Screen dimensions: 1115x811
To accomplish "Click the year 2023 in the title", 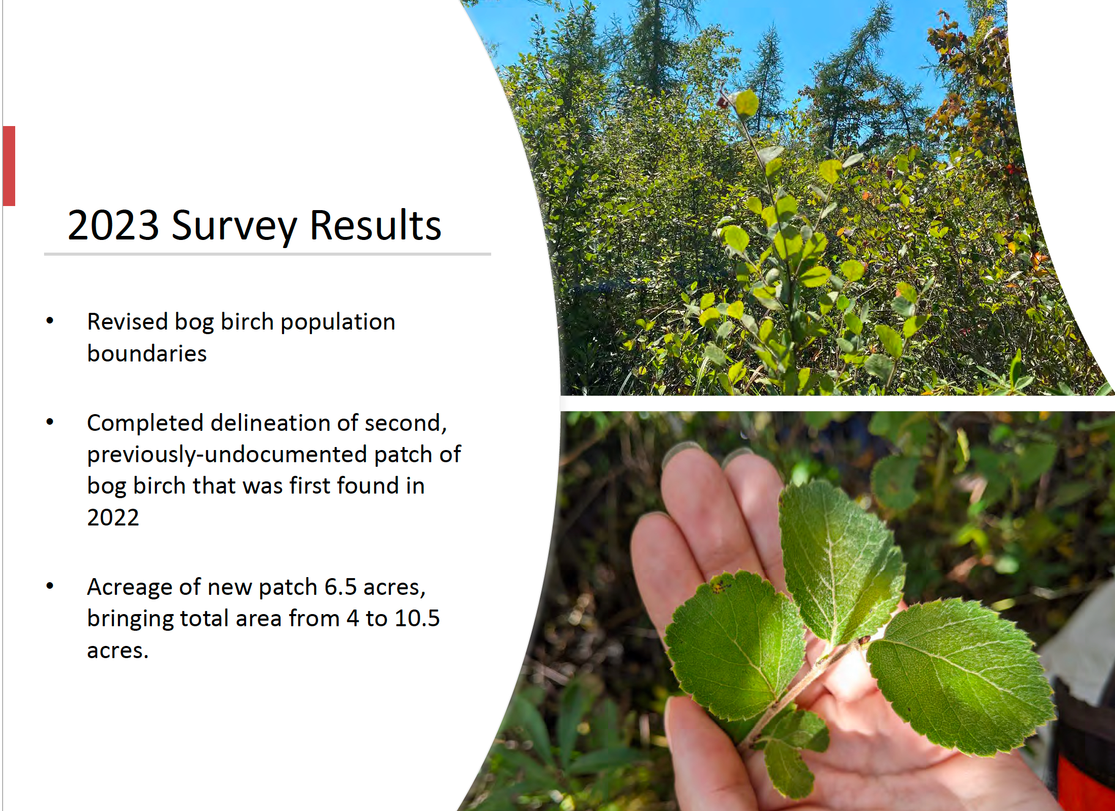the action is pos(113,225).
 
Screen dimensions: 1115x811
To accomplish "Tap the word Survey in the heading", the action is pos(234,227).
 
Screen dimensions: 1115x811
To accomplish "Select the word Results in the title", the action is pos(375,225).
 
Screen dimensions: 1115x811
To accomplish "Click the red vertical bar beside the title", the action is pos(9,166).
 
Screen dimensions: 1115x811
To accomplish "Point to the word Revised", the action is pos(127,321).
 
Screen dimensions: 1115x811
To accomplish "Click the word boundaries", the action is pos(147,353).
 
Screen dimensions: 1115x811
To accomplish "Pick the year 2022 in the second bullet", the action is pos(113,517).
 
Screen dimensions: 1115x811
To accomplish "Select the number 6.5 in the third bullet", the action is pos(340,587).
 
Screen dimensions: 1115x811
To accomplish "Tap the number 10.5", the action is pos(417,619).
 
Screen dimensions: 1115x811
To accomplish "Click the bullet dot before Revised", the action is pos(50,320).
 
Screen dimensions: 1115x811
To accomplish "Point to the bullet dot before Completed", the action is pos(50,422).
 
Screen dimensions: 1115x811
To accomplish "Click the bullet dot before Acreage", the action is pos(50,586).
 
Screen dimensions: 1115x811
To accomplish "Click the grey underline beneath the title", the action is pos(267,254).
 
